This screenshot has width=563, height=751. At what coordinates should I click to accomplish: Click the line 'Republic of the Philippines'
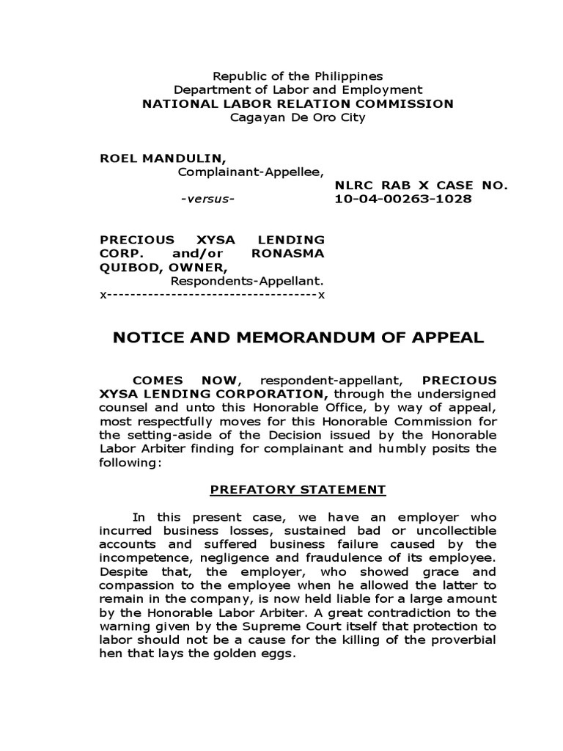[298, 76]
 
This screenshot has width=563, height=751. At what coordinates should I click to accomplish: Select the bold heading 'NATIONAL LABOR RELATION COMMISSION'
[298, 103]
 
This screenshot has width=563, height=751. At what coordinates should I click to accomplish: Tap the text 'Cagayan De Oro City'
[298, 117]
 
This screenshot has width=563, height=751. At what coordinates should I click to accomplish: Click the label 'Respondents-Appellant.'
[248, 282]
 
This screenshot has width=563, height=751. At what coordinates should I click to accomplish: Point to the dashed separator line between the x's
[212, 295]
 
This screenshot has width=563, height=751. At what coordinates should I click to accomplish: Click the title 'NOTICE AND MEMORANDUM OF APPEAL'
[298, 338]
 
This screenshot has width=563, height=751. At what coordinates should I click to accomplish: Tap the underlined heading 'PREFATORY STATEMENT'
[298, 489]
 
